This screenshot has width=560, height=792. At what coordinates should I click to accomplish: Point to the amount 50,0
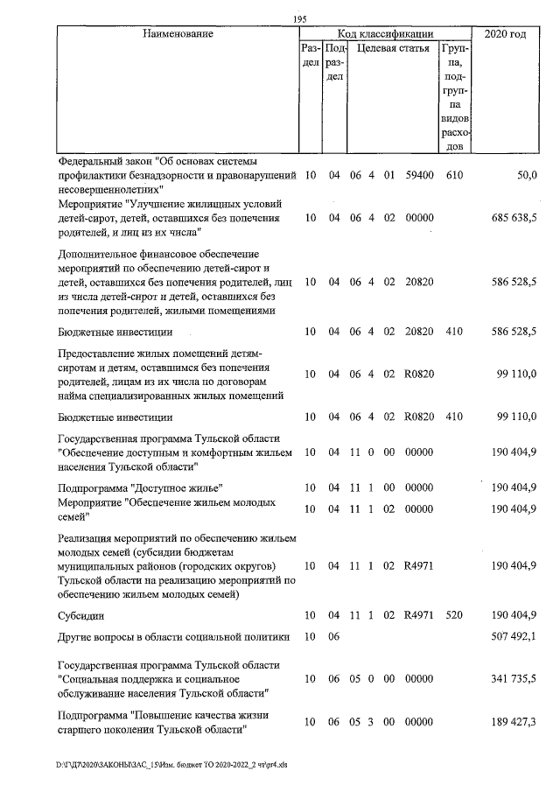pyautogui.click(x=526, y=176)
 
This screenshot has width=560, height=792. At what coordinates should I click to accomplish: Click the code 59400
pyautogui.click(x=420, y=176)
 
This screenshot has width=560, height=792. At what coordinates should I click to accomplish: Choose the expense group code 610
pyautogui.click(x=453, y=176)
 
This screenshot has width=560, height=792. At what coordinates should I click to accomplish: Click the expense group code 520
pyautogui.click(x=453, y=615)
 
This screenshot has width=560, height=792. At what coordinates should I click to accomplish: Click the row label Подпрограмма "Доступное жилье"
pyautogui.click(x=139, y=487)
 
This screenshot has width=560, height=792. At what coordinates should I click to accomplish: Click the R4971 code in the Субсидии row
pyautogui.click(x=420, y=615)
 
